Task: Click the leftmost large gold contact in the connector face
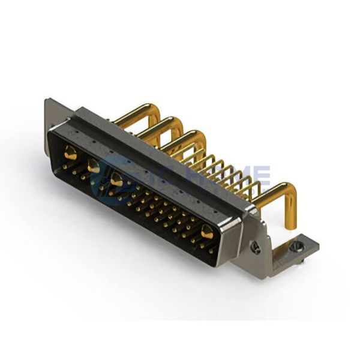pyautogui.click(x=71, y=153)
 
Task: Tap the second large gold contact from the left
pyautogui.click(x=94, y=167)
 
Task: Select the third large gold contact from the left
pyautogui.click(x=116, y=179)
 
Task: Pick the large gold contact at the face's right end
pyautogui.click(x=208, y=231)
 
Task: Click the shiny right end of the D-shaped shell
pyautogui.click(x=231, y=240)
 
